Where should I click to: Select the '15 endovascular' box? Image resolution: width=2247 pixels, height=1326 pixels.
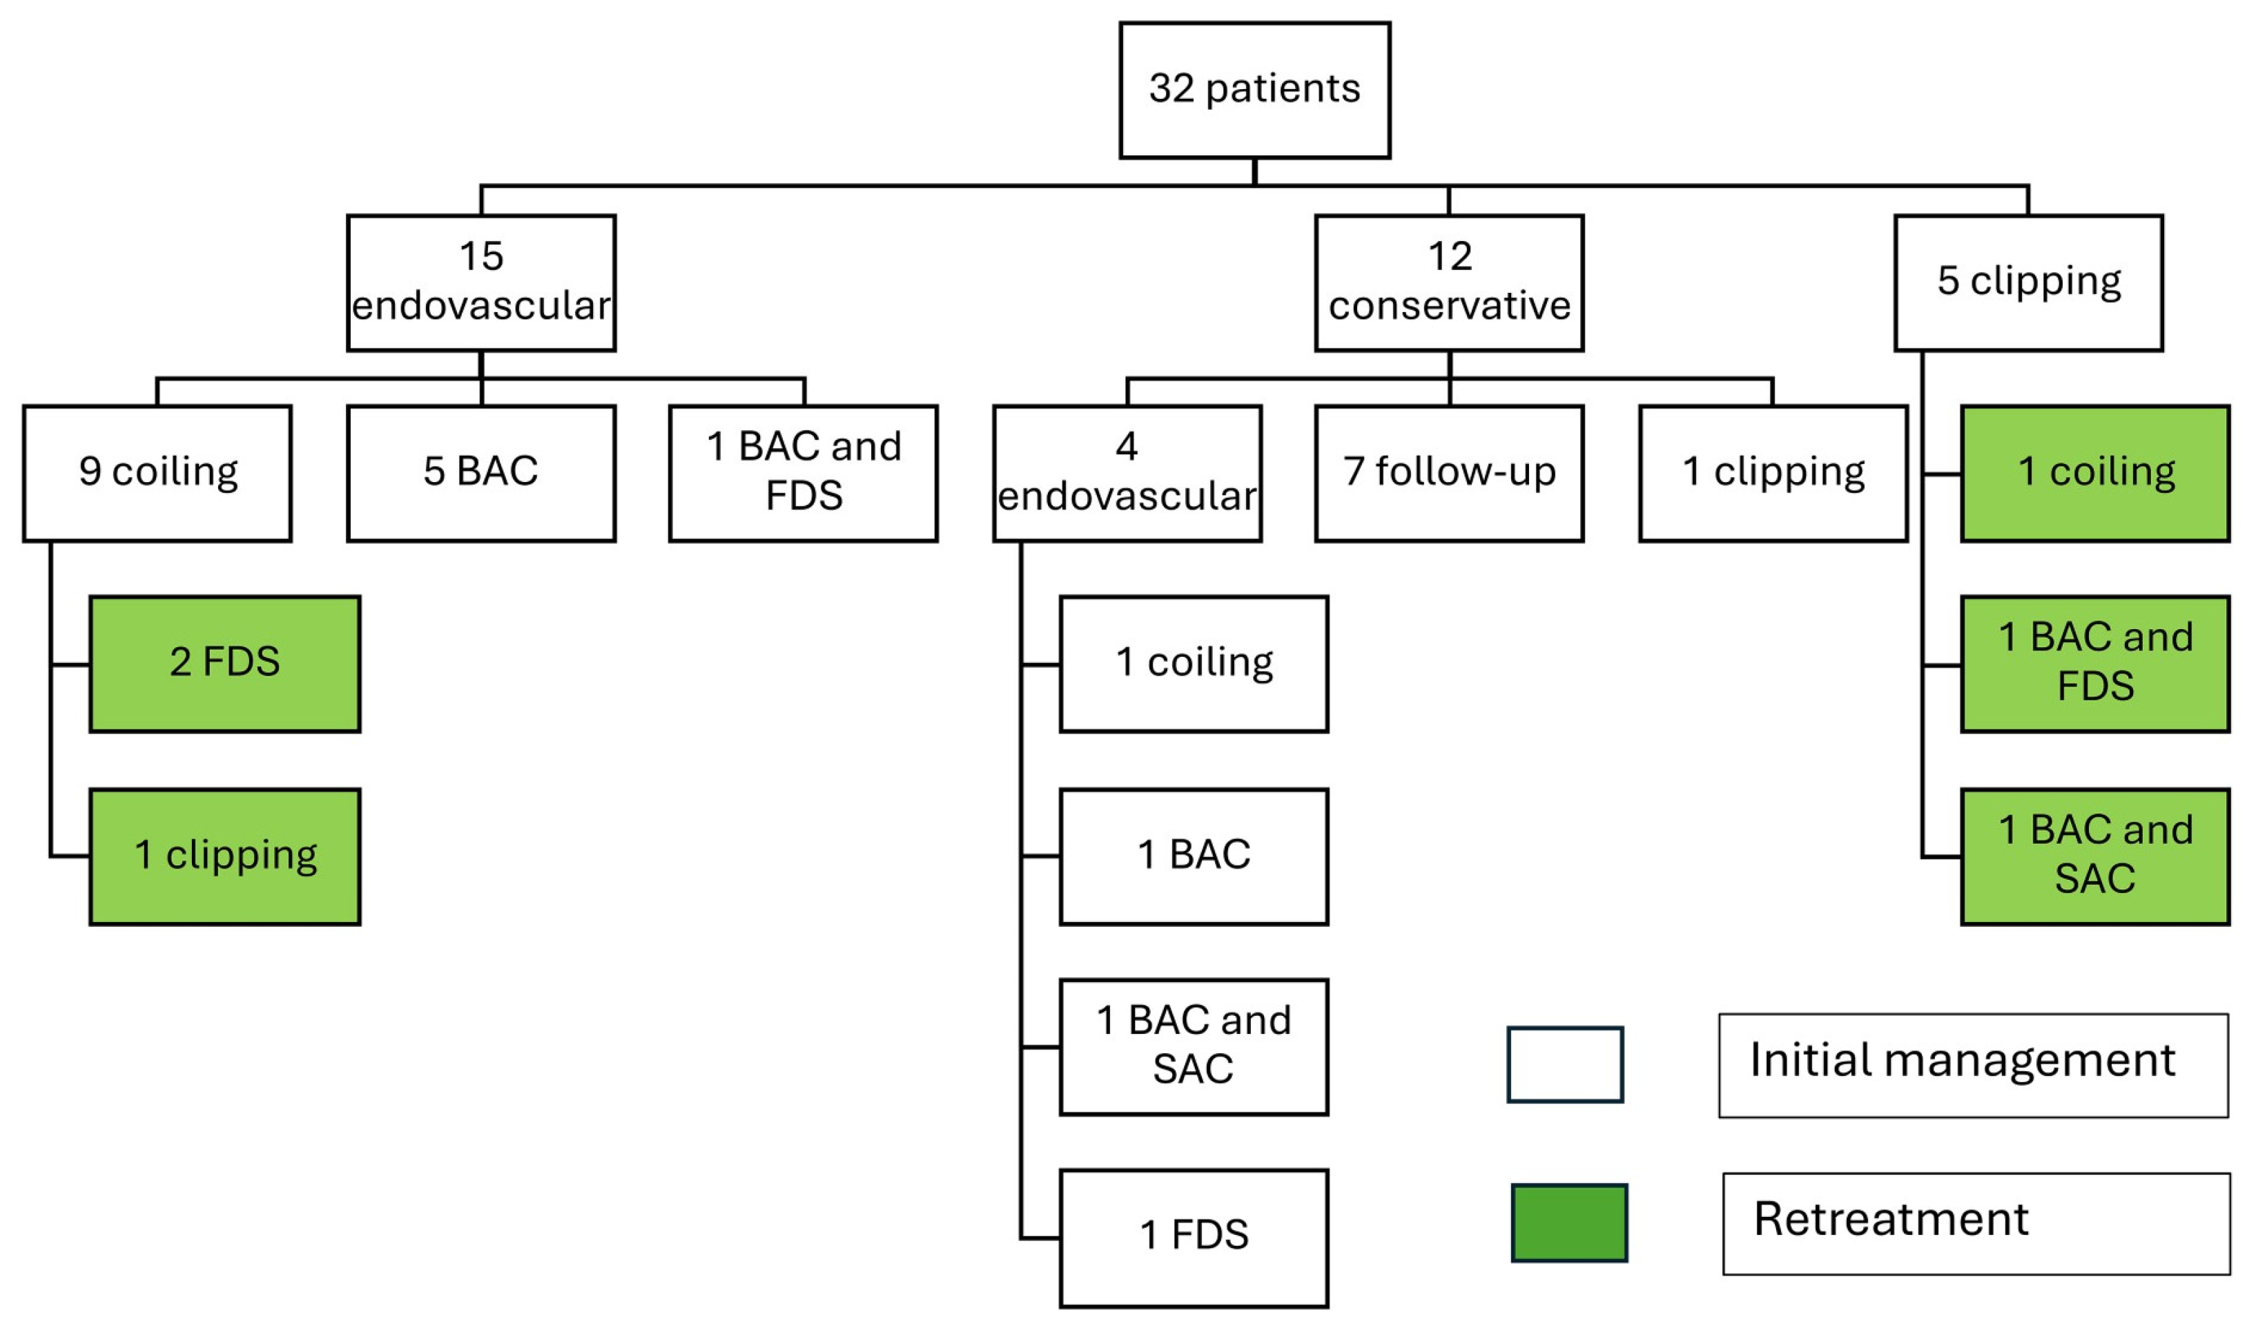point(480,282)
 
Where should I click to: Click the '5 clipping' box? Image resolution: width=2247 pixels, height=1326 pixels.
point(2028,282)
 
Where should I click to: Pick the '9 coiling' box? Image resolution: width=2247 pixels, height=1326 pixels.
point(157,472)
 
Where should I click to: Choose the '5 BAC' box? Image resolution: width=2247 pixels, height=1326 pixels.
point(480,472)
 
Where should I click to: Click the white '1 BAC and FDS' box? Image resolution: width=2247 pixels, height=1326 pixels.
point(803,472)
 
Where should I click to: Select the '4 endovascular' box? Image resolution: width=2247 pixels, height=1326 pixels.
point(1127,472)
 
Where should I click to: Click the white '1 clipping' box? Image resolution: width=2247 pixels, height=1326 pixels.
point(1773,472)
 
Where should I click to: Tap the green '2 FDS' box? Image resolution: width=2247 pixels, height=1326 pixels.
point(225,664)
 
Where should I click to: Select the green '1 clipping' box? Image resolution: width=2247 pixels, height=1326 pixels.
point(225,856)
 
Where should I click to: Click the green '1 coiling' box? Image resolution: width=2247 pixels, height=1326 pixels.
point(2094,472)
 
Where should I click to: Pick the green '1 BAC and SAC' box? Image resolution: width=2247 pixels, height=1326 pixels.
point(2094,856)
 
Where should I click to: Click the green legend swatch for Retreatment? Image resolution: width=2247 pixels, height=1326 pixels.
point(1569,1222)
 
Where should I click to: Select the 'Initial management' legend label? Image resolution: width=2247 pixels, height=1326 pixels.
point(1973,1065)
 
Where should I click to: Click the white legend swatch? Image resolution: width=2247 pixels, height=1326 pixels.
point(1565,1064)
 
